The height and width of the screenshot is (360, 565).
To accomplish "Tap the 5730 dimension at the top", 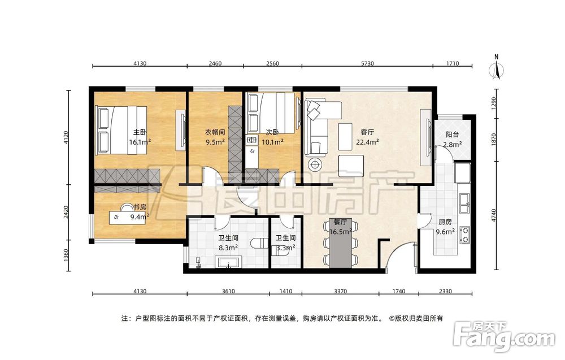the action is [x=367, y=63].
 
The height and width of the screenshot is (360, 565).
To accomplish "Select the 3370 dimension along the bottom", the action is [x=340, y=291].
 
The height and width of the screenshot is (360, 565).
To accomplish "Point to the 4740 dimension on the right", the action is [x=494, y=215].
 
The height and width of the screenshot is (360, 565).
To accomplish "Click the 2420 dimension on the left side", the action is [x=65, y=212].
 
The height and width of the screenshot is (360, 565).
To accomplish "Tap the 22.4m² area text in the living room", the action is [x=367, y=142].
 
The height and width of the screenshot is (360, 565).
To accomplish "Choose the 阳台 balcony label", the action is [x=452, y=135].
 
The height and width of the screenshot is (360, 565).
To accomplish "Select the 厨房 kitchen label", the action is [x=445, y=222].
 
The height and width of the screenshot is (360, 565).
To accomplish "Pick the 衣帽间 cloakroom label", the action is [x=215, y=132].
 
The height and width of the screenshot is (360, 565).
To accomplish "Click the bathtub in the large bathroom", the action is [x=228, y=262].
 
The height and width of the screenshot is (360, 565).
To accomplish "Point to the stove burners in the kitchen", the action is [x=465, y=235].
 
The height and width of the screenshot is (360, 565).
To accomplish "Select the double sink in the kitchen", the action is [x=464, y=203].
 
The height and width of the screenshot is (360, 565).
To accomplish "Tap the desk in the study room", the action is [x=128, y=217].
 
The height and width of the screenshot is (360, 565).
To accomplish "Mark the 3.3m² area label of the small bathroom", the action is [x=286, y=248].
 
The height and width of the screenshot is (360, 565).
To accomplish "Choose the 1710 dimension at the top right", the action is [x=453, y=63].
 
